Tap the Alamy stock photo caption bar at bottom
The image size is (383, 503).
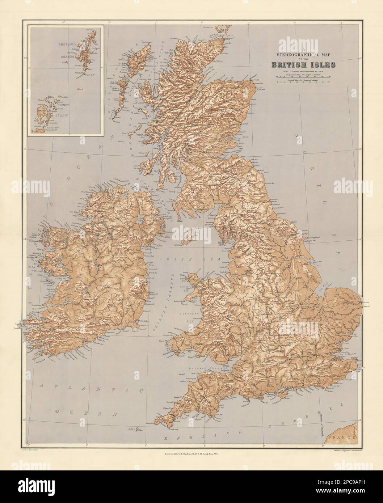pyautogui.click(x=191, y=487)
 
